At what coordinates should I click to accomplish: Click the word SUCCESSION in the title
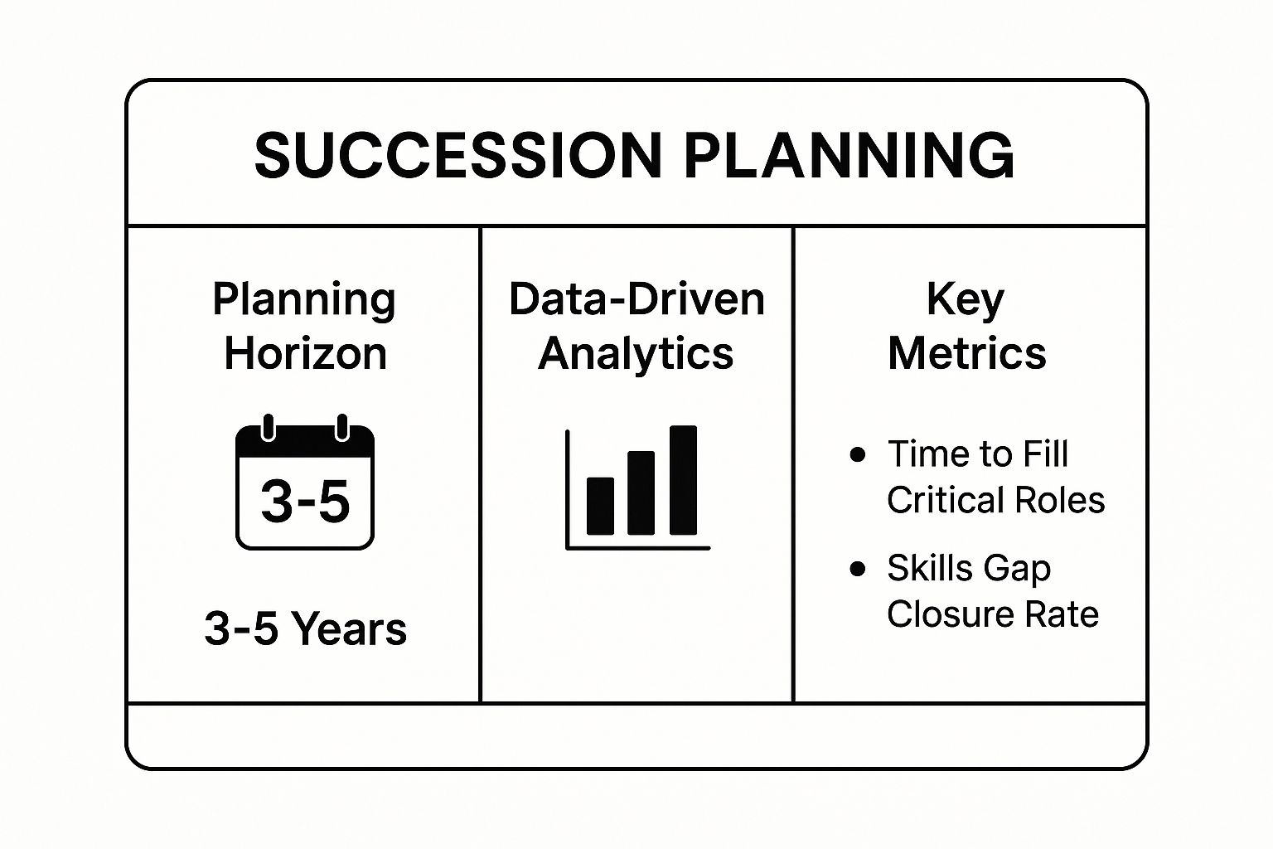click(x=458, y=155)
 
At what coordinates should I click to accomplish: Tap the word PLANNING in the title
click(x=849, y=155)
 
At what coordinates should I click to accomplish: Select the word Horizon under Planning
click(x=306, y=354)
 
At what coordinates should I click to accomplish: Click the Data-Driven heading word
click(x=636, y=299)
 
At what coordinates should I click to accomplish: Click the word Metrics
click(x=966, y=354)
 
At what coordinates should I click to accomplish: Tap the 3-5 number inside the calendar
click(x=305, y=501)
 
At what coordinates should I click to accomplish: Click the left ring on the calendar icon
click(x=269, y=428)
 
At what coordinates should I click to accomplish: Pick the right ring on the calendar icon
click(x=342, y=428)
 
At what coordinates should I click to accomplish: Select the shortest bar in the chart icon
click(x=600, y=506)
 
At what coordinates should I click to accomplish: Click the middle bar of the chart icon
click(x=641, y=493)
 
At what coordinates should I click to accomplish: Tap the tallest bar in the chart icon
click(x=683, y=480)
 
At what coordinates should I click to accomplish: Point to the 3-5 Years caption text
click(x=306, y=629)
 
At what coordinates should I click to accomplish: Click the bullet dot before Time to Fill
click(x=858, y=454)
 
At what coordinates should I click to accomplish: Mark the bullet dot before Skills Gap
click(x=858, y=568)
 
